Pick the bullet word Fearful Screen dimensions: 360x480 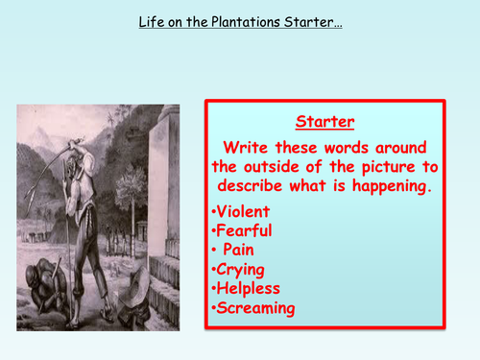coord(243,230)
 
